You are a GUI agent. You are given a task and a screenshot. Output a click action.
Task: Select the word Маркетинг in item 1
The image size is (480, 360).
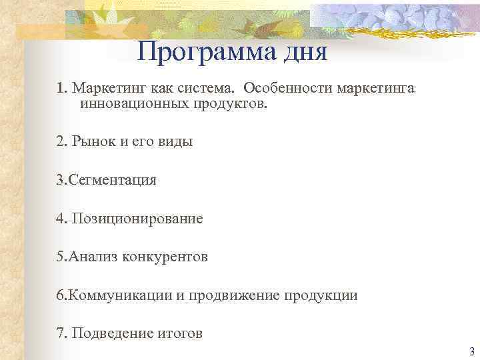click(105, 89)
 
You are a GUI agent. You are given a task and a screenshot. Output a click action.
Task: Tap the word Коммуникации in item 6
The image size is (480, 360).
click(120, 295)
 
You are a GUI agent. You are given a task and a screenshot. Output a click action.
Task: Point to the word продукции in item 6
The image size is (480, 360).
click(323, 295)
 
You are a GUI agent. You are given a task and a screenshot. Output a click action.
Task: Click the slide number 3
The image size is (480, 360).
click(471, 351)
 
